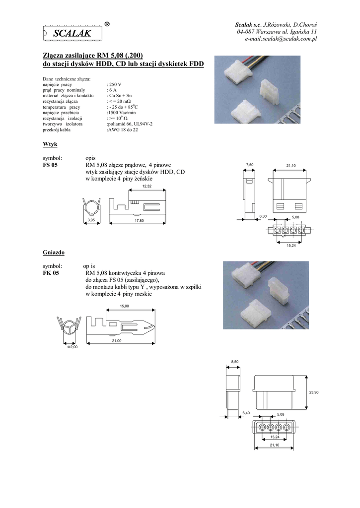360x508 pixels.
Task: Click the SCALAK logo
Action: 72,33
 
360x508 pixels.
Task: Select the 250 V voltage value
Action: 115,84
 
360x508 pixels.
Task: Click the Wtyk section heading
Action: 50,144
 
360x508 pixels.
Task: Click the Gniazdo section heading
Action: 54,253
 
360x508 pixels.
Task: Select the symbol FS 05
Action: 50,165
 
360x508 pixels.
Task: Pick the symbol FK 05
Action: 51,273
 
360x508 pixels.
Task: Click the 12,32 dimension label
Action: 147,187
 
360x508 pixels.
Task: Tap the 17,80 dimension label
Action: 139,221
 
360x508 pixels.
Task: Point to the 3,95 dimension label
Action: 91,220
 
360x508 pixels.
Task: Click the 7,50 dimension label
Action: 250,165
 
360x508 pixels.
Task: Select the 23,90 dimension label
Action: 314,392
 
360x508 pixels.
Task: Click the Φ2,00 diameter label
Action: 72,347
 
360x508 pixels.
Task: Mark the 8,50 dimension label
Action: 235,362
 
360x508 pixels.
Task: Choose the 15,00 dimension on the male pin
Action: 125,306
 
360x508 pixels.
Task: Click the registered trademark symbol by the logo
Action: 107,24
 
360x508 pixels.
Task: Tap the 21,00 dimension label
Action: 117,341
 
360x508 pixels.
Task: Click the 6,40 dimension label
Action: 246,413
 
